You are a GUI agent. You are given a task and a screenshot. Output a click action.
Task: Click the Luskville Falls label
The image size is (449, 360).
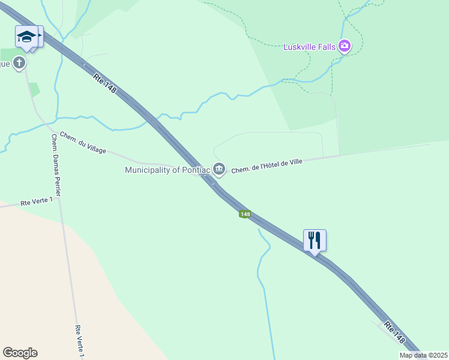click(x=309, y=46)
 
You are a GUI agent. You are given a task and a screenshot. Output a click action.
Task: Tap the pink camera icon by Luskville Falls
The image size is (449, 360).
click(x=345, y=46)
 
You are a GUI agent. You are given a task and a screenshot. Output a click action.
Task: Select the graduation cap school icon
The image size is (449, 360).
click(x=26, y=37)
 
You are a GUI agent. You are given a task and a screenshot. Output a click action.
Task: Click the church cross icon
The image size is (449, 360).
click(x=19, y=62)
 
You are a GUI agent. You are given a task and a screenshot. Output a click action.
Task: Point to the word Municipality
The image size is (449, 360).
click(x=149, y=170)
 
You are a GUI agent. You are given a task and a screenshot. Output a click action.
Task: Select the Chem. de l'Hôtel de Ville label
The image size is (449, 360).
click(x=266, y=165)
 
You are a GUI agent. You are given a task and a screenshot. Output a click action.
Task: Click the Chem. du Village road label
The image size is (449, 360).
click(x=82, y=143)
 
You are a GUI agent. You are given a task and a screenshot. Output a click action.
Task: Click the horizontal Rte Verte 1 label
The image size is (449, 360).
click(x=36, y=202)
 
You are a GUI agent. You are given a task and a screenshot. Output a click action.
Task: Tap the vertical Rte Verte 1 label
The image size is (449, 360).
click(x=79, y=342)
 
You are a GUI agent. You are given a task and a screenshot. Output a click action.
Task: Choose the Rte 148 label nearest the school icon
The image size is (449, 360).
click(x=104, y=83)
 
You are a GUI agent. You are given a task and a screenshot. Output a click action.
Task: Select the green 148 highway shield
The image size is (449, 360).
click(x=244, y=214)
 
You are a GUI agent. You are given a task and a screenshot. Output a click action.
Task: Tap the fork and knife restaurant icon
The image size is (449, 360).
click(x=315, y=240)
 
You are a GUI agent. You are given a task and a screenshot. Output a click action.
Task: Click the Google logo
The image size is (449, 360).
click(x=20, y=353)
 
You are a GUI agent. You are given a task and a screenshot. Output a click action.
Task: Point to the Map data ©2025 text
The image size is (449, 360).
click(x=424, y=355)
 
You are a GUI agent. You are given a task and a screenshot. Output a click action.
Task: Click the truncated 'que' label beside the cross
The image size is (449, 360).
click(x=5, y=63)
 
